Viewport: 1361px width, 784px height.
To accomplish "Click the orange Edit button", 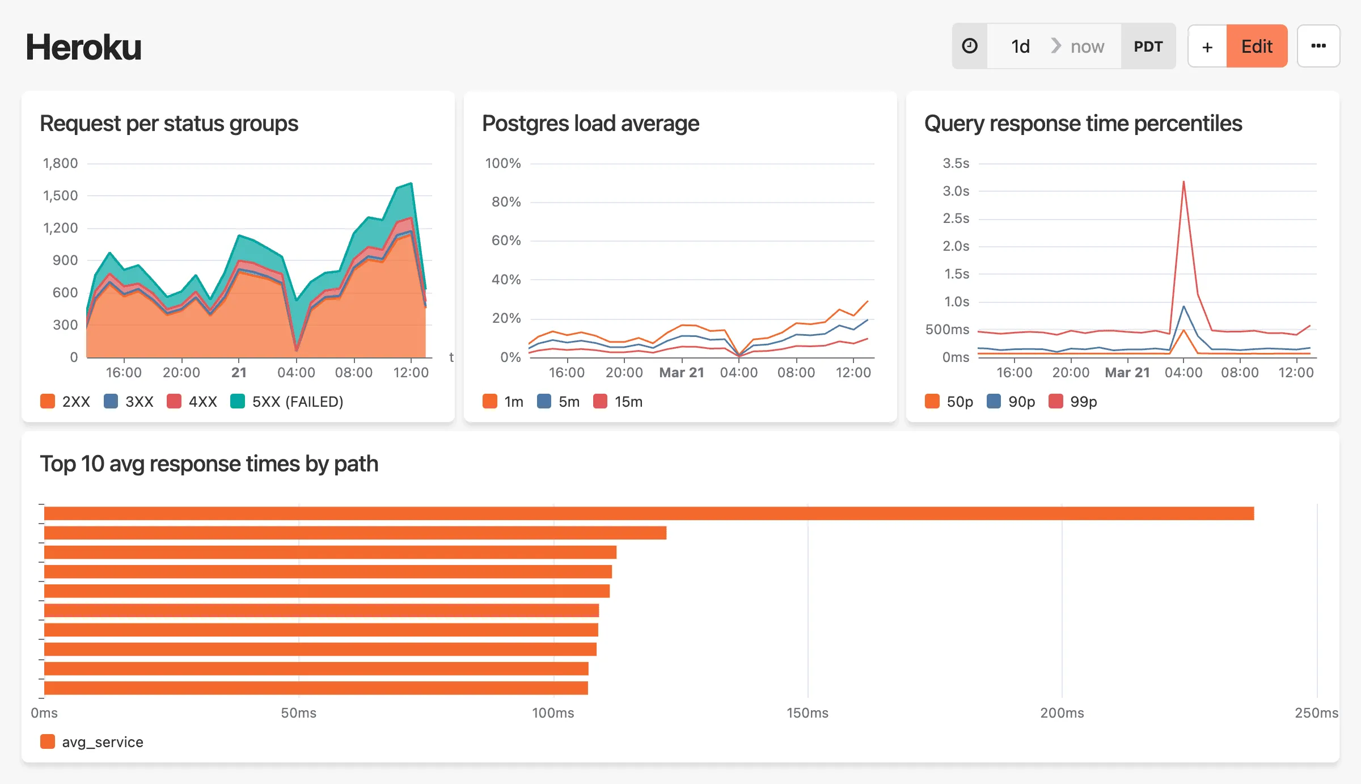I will coord(1256,47).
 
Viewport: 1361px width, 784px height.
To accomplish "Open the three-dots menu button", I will coord(1318,47).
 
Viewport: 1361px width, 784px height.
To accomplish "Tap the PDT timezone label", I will coord(1148,47).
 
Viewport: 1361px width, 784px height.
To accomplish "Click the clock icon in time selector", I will coord(970,47).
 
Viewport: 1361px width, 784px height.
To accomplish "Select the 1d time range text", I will coord(1020,47).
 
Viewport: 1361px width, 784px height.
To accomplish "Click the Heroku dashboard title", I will coord(83,47).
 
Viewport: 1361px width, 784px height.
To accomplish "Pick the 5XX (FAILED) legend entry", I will coord(287,402).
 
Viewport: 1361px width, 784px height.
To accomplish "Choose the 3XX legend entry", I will coord(129,402).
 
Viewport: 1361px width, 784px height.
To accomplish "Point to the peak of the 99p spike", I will coord(1184,182).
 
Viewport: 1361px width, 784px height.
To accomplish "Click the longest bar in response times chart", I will coord(649,513).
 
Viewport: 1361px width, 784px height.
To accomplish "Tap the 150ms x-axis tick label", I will coord(807,713).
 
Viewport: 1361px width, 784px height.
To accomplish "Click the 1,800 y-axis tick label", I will coord(61,163).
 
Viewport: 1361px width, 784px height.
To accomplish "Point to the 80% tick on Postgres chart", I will coord(506,202).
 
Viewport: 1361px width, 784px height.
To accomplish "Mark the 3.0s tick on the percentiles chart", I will coord(956,191).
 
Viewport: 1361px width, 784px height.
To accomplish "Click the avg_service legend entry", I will coord(92,742).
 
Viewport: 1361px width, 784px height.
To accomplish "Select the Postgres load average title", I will coord(590,124).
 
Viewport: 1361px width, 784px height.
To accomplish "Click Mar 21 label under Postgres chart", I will coord(682,373).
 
